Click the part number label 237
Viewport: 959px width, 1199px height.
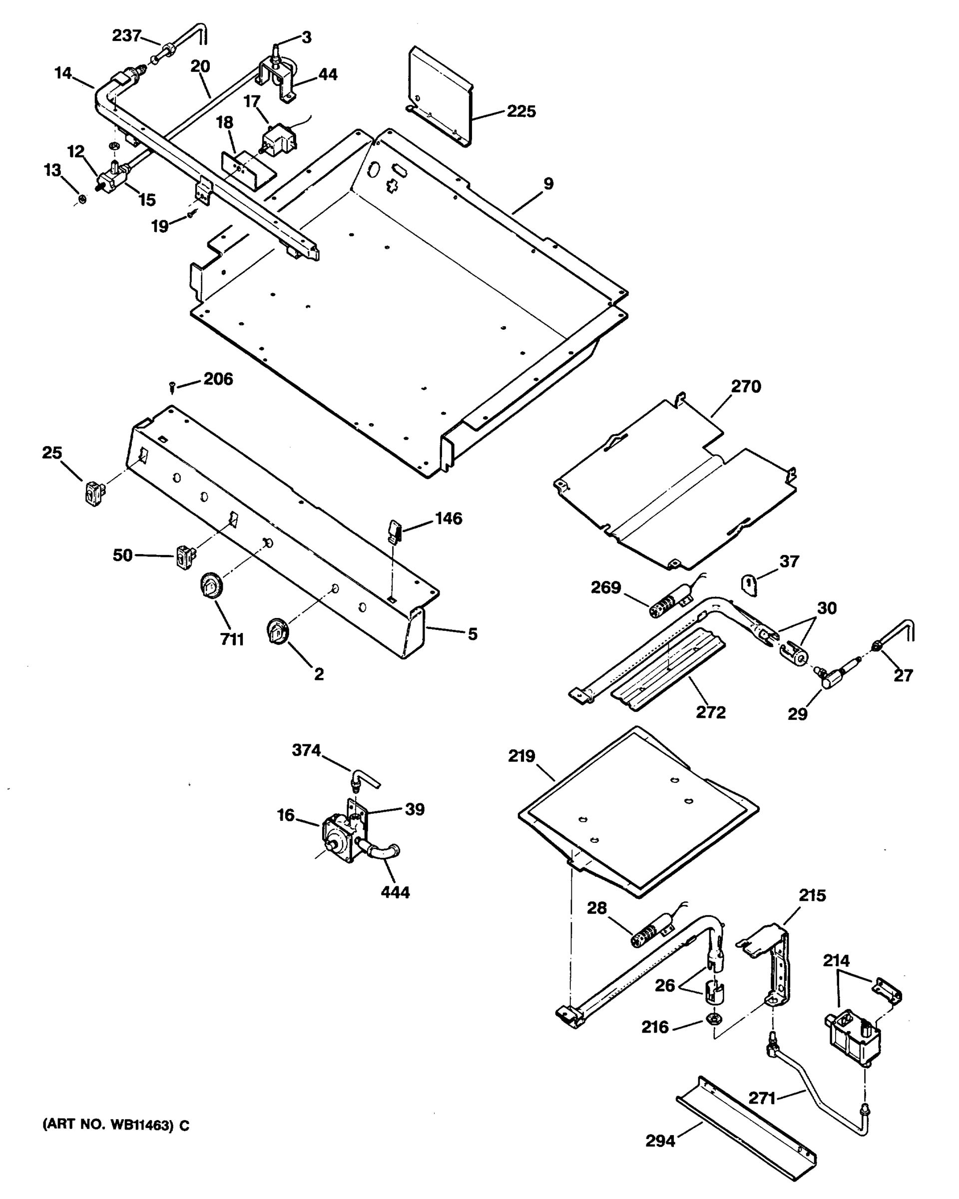[126, 35]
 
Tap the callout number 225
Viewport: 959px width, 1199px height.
[521, 111]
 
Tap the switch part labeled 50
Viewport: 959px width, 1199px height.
[185, 557]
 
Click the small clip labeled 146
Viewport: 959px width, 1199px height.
[395, 530]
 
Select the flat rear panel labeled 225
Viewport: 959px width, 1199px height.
[439, 94]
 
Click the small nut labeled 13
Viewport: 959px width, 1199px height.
[82, 199]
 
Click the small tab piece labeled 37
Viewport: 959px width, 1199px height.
[750, 586]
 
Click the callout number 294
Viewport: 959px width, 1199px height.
[660, 1141]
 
